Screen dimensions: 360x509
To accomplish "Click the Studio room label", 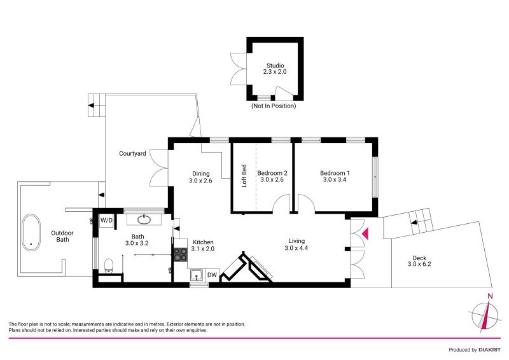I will [275, 69].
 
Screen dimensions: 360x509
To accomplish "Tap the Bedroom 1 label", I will [335, 176].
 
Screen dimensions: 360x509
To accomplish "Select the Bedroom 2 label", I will [272, 176].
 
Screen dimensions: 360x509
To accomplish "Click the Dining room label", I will [201, 177].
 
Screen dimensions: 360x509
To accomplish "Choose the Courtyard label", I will [132, 153].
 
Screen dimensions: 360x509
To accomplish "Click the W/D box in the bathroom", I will [106, 220].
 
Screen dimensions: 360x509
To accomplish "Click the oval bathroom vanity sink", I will [144, 220].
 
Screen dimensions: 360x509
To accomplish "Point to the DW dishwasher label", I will [213, 275].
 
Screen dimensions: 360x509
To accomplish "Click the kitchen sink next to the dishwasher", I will [197, 275].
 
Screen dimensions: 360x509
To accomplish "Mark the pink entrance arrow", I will [365, 235].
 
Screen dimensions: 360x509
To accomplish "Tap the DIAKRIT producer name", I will [486, 350].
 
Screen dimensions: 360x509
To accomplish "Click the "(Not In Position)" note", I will [274, 106].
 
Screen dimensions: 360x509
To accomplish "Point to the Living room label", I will [296, 244].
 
